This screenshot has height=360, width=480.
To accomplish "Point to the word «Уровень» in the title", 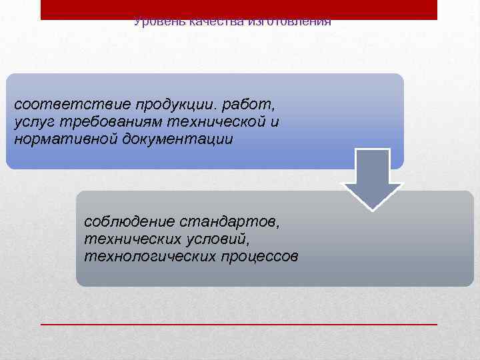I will (x=159, y=22).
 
